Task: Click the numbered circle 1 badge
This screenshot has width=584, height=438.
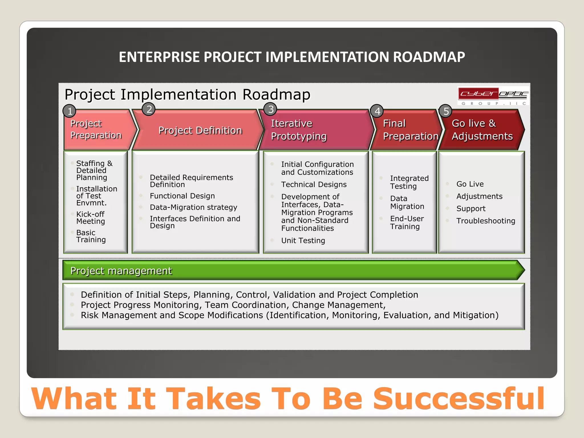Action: (x=70, y=111)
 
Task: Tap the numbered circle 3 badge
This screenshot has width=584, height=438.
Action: (x=270, y=109)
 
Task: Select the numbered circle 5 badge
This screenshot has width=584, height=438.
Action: (x=446, y=111)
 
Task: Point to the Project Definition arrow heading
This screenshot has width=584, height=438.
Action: (x=200, y=130)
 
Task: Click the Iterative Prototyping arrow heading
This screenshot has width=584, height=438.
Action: (x=298, y=130)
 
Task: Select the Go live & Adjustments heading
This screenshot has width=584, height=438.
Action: (x=482, y=130)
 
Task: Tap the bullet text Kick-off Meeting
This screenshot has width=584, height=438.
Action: (x=90, y=218)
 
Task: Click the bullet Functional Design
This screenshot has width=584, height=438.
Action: (x=182, y=196)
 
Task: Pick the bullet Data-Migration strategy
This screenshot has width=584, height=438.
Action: (x=193, y=207)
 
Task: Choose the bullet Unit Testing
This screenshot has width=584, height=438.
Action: (x=303, y=240)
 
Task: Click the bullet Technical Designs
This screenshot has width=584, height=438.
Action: (x=314, y=184)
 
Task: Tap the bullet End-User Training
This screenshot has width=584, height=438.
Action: (x=407, y=222)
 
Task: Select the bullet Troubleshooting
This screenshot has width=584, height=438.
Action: (x=486, y=221)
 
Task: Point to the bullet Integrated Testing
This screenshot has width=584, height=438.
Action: (x=409, y=182)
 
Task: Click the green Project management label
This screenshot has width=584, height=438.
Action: (x=121, y=271)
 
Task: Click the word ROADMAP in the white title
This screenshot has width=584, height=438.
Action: (x=429, y=57)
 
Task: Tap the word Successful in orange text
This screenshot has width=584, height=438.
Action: (x=459, y=398)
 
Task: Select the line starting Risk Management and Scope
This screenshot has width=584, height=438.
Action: (x=289, y=315)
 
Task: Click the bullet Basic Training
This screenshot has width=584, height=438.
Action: (x=91, y=236)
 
